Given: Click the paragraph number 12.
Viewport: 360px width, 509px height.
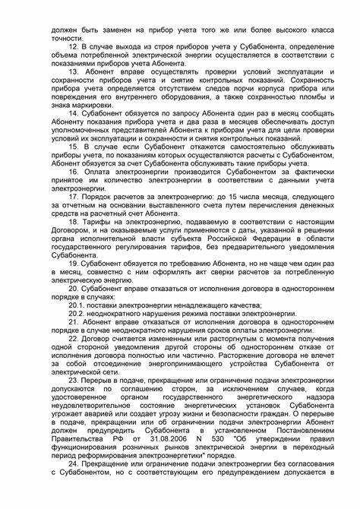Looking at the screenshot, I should pos(73,47).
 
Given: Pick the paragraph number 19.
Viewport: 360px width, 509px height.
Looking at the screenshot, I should pos(73,261).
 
